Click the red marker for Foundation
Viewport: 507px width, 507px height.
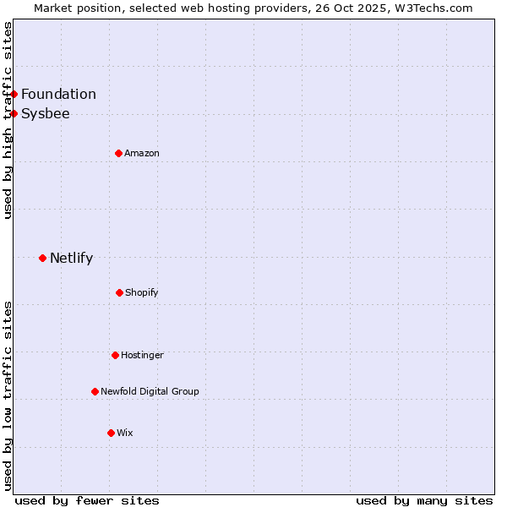click(14, 94)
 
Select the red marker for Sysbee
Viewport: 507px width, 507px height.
click(14, 113)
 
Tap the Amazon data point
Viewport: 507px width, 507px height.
click(118, 153)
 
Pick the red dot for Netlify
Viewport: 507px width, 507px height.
click(42, 258)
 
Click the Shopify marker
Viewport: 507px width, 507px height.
click(119, 292)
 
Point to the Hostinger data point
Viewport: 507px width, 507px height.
click(115, 355)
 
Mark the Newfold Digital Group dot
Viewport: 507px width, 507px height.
click(95, 391)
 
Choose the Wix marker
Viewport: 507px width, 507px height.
click(111, 433)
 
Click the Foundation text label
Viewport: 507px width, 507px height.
click(58, 94)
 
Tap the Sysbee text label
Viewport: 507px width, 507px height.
click(46, 113)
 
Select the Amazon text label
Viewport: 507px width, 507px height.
click(142, 153)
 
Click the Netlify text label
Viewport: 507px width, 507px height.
click(71, 258)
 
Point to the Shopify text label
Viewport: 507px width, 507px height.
click(142, 292)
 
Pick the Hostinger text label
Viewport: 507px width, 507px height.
click(142, 355)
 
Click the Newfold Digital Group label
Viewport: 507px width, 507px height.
click(150, 391)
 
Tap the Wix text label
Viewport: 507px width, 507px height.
click(125, 433)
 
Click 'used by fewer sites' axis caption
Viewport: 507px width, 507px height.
click(87, 500)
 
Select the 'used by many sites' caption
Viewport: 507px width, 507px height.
click(424, 500)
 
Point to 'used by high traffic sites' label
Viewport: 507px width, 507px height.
click(8, 120)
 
